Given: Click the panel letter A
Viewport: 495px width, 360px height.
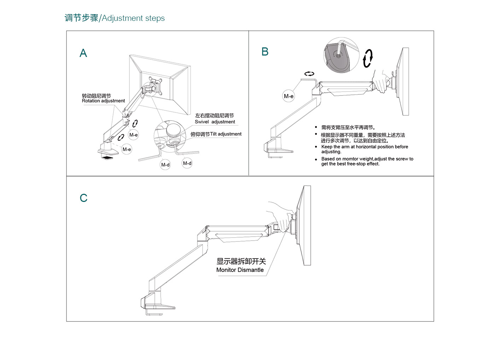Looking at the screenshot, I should [83, 53].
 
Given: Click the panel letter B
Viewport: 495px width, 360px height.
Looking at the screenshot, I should [265, 52].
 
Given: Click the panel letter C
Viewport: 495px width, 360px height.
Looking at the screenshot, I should [83, 198].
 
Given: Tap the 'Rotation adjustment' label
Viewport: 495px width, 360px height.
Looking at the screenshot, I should [103, 101].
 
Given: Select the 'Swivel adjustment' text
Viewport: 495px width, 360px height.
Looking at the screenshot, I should [215, 122].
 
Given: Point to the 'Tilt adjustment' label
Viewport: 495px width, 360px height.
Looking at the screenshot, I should [226, 134].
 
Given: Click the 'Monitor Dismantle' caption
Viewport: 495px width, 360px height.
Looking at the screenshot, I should [240, 270].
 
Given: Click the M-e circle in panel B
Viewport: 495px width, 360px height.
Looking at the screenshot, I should [289, 96].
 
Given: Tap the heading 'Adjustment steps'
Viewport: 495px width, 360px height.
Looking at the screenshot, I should [133, 18].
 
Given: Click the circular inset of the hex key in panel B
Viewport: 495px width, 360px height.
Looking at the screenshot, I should [341, 55].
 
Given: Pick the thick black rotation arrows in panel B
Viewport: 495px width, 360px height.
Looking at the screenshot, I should [368, 58].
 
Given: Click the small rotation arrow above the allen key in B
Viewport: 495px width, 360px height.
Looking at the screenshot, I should [309, 74].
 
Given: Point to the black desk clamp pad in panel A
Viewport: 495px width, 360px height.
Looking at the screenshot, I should [107, 157].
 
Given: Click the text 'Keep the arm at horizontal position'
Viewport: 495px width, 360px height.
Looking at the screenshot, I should [364, 147].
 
